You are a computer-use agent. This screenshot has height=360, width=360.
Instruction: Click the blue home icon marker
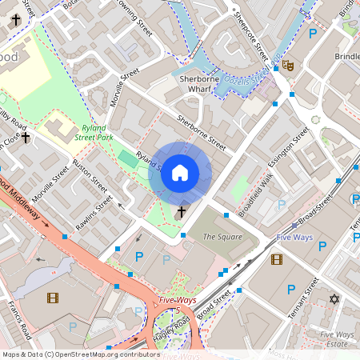(180, 173)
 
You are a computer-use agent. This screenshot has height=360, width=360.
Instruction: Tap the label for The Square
(221, 237)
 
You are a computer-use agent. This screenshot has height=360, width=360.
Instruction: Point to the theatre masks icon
(288, 66)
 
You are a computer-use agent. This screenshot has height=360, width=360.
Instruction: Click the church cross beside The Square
(182, 212)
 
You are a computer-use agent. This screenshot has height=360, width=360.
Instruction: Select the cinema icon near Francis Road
(53, 298)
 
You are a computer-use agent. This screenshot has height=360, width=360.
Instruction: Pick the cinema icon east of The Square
(277, 258)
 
